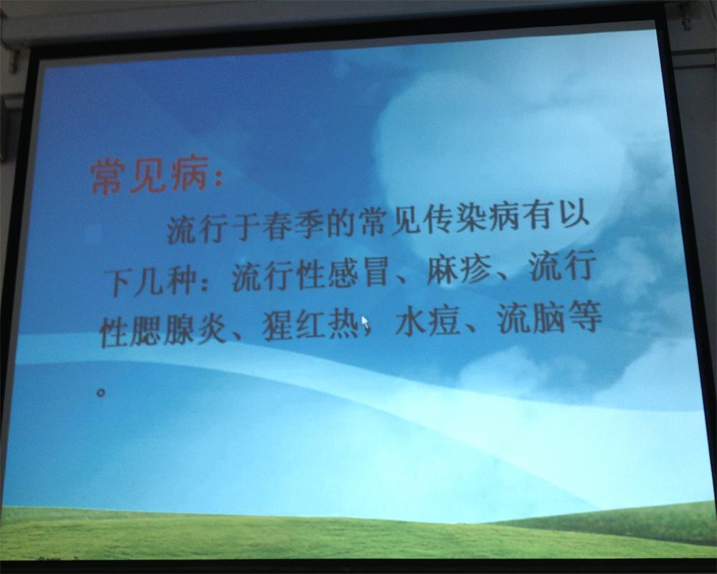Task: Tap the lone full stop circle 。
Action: tap(102, 392)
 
